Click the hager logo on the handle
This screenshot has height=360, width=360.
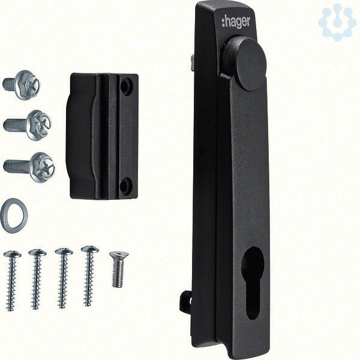pos(236,22)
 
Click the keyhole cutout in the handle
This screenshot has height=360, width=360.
pos(253,283)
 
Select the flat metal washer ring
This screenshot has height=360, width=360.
pos(14,215)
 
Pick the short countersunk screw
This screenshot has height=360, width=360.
pos(118,269)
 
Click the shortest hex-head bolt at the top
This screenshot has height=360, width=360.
pos(21,85)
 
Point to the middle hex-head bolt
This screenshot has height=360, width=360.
pos(28,125)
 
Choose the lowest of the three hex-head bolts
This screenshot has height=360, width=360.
pos(29,167)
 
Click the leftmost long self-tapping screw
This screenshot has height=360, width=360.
pos(12,281)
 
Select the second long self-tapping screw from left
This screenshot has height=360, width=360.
pos(37,279)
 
